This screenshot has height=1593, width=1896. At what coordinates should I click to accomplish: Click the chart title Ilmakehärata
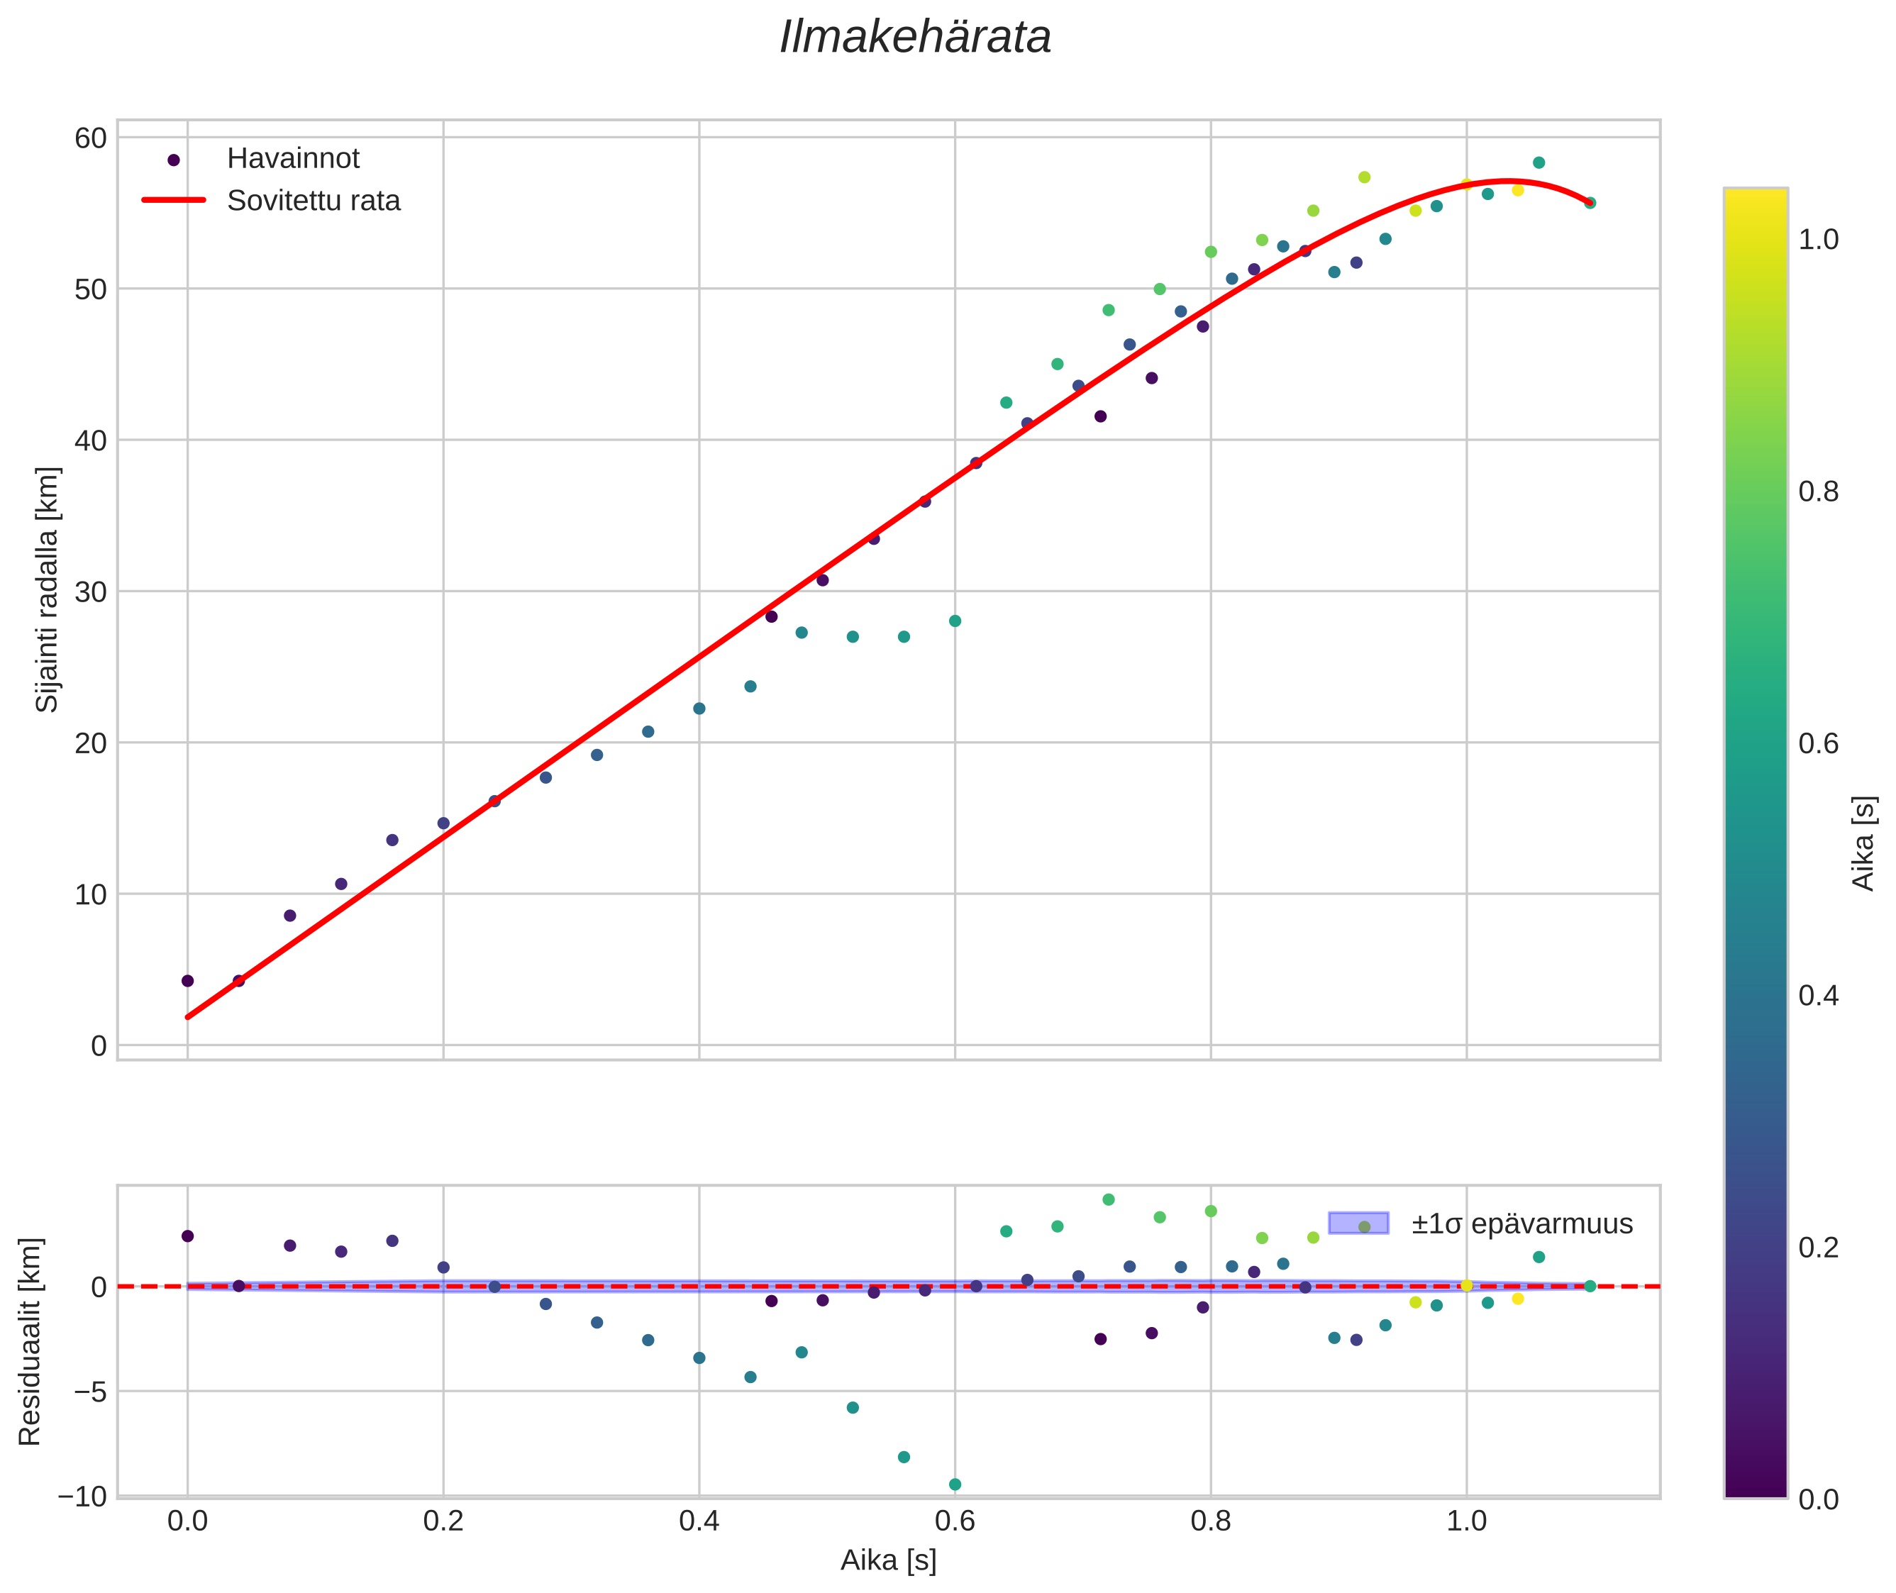pos(915,38)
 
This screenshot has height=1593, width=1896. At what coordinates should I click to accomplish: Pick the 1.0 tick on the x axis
pos(1466,1521)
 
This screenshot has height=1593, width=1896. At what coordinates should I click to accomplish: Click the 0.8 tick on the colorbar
pos(1818,492)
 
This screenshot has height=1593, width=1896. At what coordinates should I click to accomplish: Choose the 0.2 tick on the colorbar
pos(1818,1247)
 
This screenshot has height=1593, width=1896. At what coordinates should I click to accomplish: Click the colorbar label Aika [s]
pos(1863,843)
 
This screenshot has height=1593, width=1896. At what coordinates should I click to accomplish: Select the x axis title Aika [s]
pos(888,1560)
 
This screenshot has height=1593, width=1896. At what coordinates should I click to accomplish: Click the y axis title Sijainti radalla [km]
pos(47,589)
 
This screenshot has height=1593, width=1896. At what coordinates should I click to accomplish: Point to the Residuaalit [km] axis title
pos(30,1342)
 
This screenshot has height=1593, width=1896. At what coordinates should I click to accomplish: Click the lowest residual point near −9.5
pos(955,1484)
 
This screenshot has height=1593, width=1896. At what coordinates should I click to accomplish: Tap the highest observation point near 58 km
pos(1539,162)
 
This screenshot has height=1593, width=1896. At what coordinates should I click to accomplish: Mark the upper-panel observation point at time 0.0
pos(188,981)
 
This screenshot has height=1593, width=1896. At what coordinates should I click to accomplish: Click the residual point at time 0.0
pos(188,1236)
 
